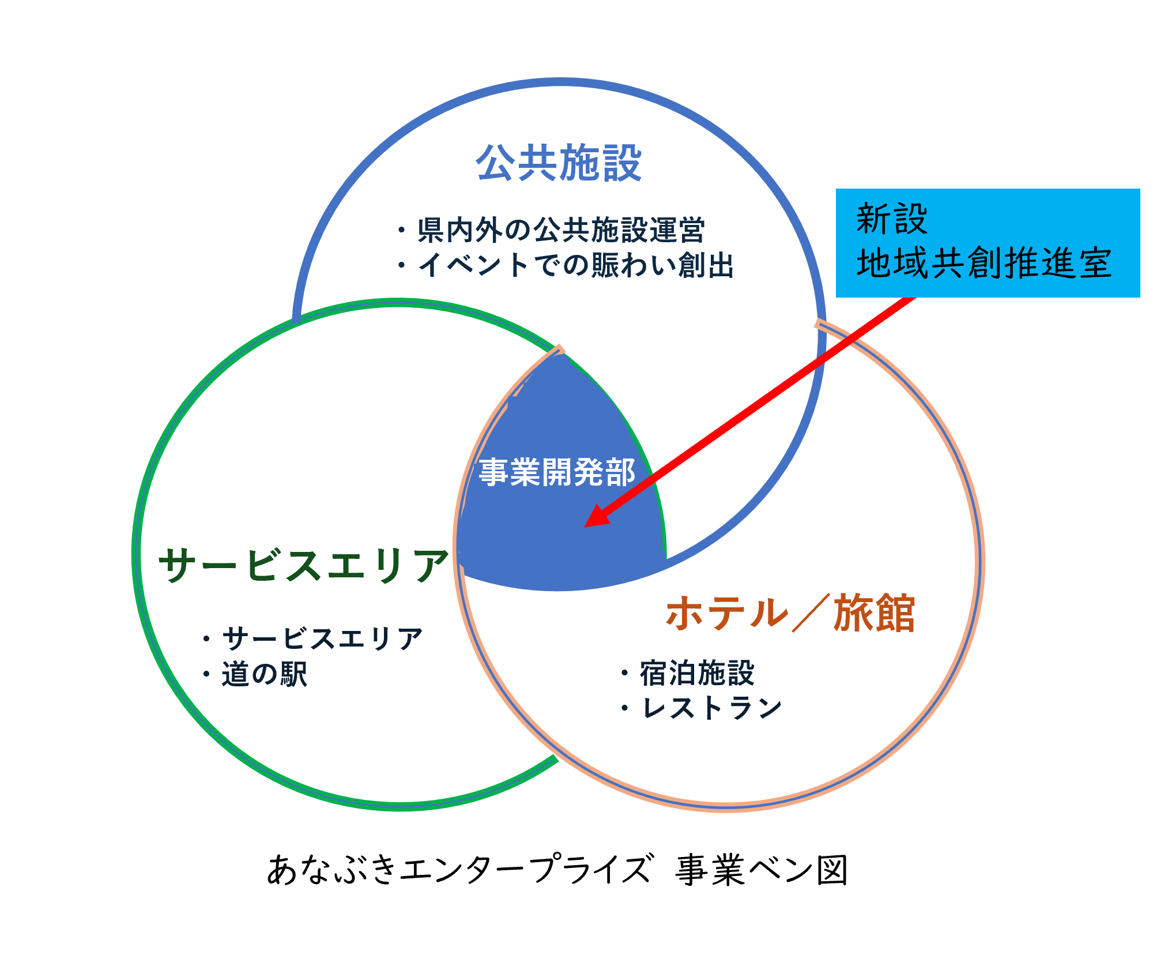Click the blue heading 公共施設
point(559,163)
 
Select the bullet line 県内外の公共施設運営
point(561,230)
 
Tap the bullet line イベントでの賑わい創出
point(576,265)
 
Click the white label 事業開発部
point(557,472)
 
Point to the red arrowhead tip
point(585,526)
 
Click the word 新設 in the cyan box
point(892,219)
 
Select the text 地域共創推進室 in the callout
point(984,263)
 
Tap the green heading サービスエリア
point(303,565)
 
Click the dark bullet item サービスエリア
point(323,639)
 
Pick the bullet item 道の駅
point(265,674)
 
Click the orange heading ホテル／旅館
point(790,612)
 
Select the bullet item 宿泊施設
point(697,673)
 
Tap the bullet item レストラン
point(711,708)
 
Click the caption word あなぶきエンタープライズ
point(460,870)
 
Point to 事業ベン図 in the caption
point(762,870)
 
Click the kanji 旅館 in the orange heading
point(874,612)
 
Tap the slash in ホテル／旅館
point(811,612)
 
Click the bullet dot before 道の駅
point(206,674)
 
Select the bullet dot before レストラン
point(625,708)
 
